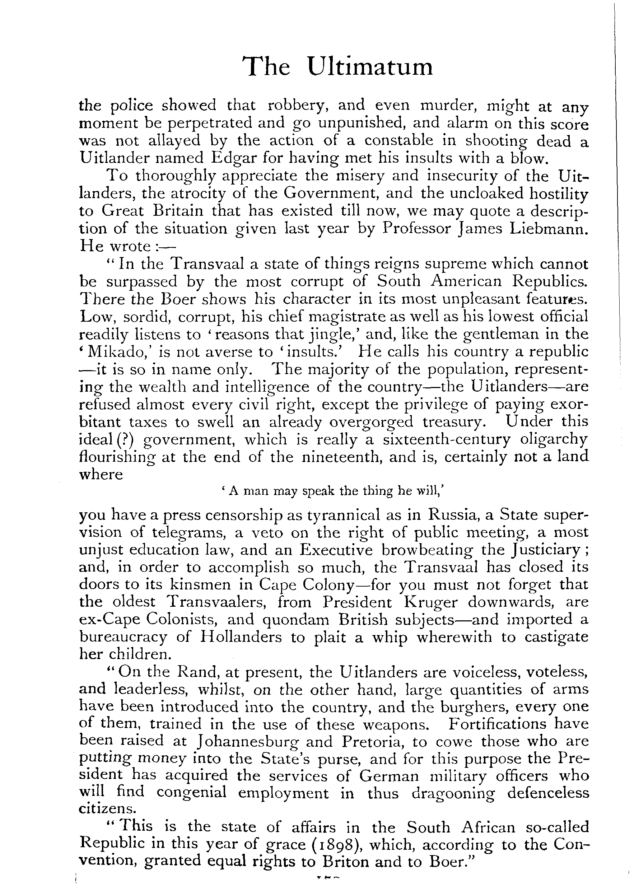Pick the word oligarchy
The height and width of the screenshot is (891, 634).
coord(554,439)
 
